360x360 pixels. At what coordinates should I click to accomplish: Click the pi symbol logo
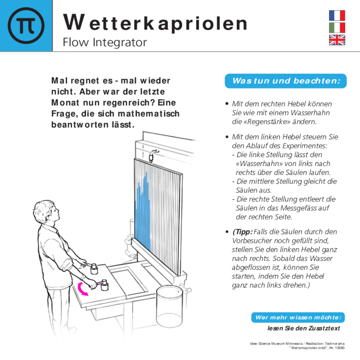pos(26,26)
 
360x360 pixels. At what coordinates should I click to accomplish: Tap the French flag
pos(337,15)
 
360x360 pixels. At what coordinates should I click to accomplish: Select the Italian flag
pos(337,28)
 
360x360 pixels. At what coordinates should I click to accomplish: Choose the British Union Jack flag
pos(337,40)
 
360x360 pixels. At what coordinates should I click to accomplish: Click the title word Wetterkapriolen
pos(155,23)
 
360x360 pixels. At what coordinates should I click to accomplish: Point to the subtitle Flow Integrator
pos(105,42)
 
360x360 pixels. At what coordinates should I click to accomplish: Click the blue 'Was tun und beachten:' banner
pos(286,81)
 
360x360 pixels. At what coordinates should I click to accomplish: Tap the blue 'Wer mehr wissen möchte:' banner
pos(298,317)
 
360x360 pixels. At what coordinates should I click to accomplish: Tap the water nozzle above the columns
pos(151,157)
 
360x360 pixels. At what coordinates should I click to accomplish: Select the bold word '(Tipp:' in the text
pos(242,232)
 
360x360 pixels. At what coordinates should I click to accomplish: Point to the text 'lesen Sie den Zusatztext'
pos(303,328)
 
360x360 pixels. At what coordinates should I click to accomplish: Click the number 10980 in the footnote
pos(340,348)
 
